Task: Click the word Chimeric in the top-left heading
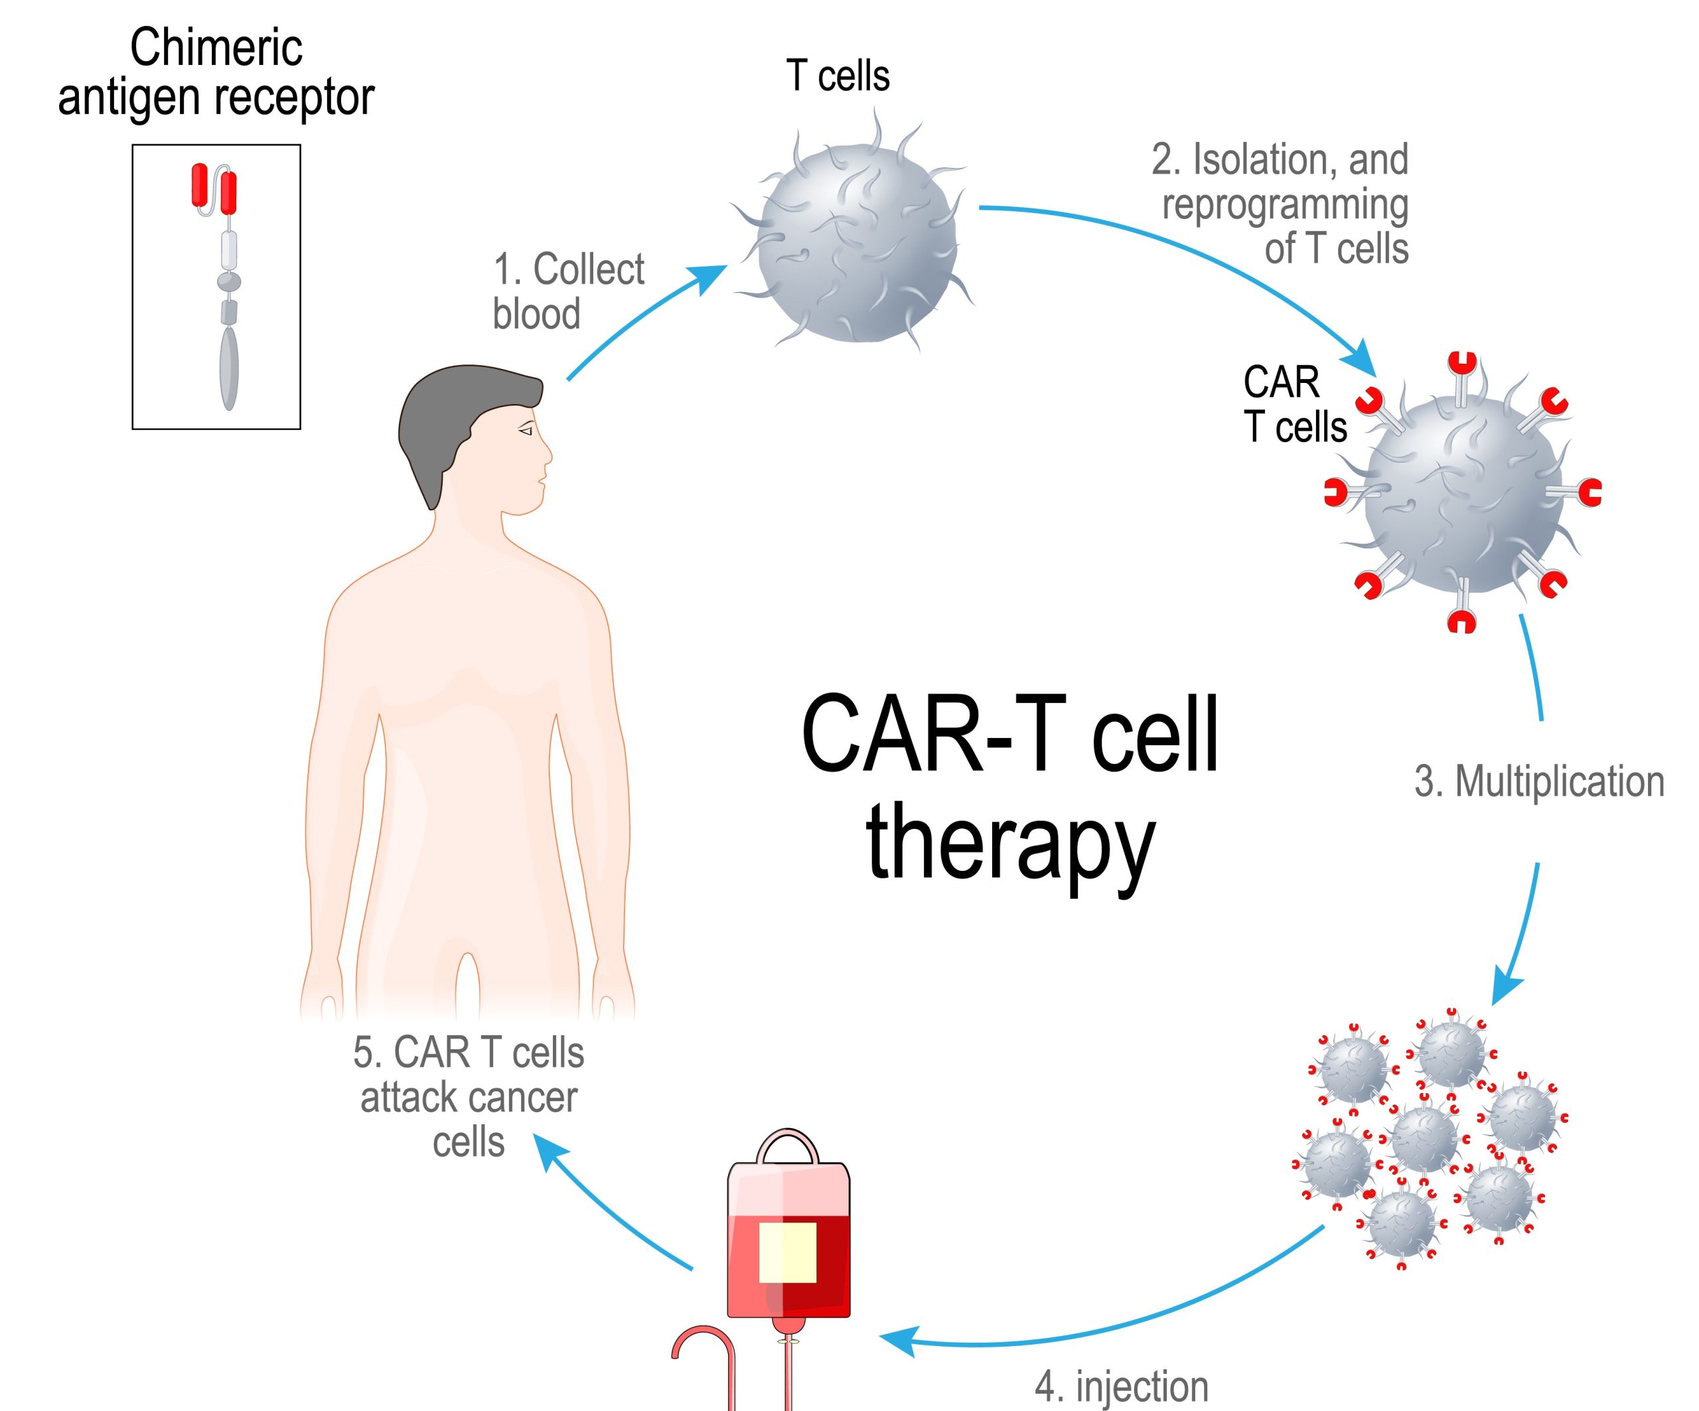216,48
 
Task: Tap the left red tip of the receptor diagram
199,185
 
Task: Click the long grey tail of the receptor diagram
229,368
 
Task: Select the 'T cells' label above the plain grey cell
838,77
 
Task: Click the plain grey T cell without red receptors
857,243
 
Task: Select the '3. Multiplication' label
1539,782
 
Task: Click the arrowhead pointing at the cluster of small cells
1507,989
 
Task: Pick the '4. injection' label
1122,1386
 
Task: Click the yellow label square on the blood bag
787,1252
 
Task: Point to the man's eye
526,431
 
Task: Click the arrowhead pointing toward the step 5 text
550,1150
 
